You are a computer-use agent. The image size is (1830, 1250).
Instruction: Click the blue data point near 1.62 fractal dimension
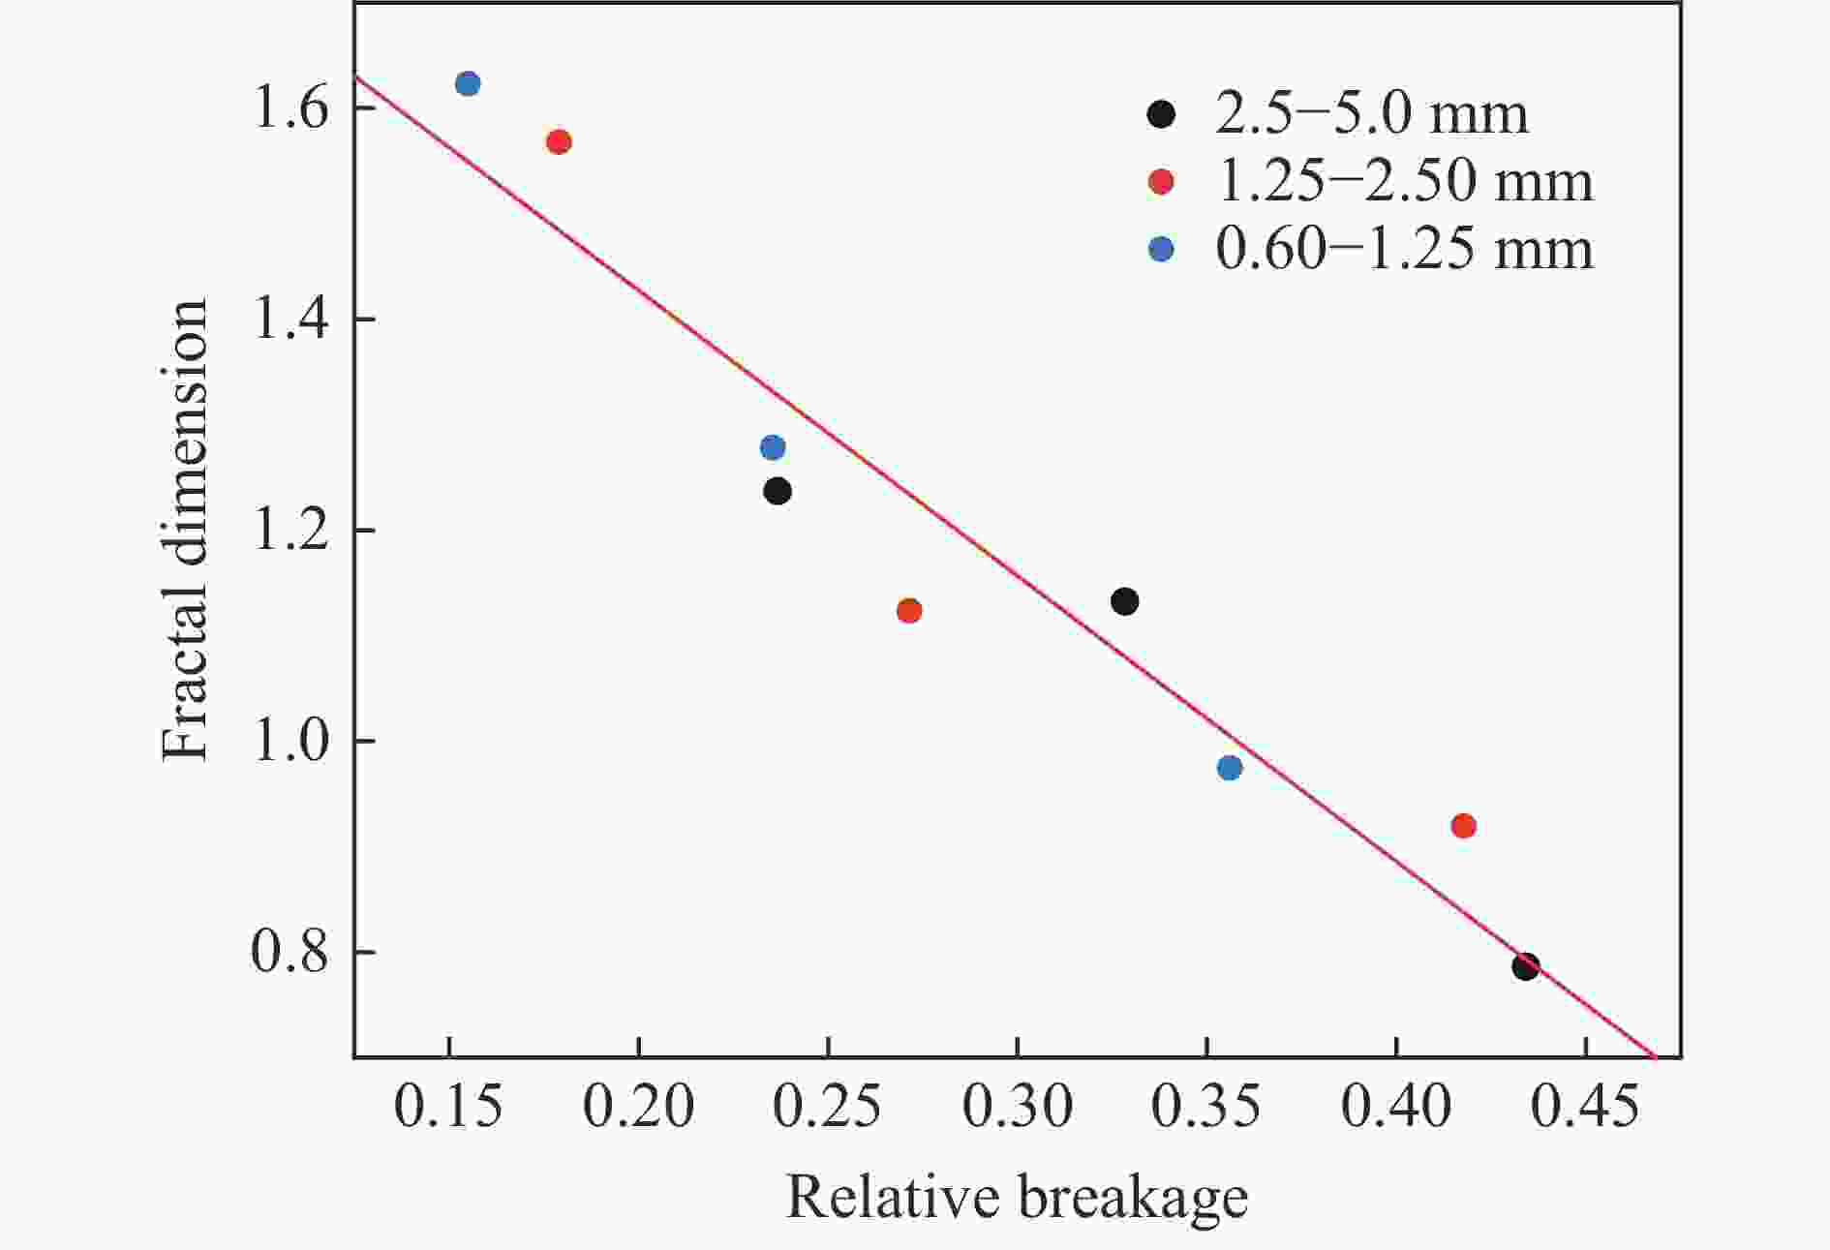click(x=468, y=84)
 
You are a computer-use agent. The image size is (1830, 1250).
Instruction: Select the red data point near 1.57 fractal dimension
click(x=559, y=142)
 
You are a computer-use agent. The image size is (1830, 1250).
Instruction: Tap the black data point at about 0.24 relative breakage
click(x=778, y=491)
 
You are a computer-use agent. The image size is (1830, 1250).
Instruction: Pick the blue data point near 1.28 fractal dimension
click(x=773, y=447)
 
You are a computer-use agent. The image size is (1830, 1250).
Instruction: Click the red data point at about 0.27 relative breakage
click(x=909, y=611)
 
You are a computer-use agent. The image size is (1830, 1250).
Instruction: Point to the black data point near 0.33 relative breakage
click(x=1124, y=601)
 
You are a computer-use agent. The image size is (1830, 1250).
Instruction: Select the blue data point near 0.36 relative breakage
click(x=1230, y=768)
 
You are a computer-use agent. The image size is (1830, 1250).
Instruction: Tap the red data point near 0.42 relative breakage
click(x=1464, y=826)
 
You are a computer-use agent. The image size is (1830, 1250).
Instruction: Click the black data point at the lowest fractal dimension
click(x=1526, y=966)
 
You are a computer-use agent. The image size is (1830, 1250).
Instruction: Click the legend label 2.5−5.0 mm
click(x=1371, y=114)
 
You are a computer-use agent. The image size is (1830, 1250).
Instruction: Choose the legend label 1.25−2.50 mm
click(x=1404, y=181)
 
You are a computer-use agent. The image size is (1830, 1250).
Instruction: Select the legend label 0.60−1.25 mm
click(x=1404, y=249)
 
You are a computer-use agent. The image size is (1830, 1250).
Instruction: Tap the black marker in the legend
click(x=1161, y=114)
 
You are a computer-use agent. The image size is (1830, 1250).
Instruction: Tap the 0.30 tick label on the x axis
click(x=1017, y=1107)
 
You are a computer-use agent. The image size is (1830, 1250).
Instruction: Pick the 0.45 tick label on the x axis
click(x=1584, y=1107)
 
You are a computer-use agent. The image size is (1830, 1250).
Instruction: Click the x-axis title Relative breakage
click(x=1017, y=1198)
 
